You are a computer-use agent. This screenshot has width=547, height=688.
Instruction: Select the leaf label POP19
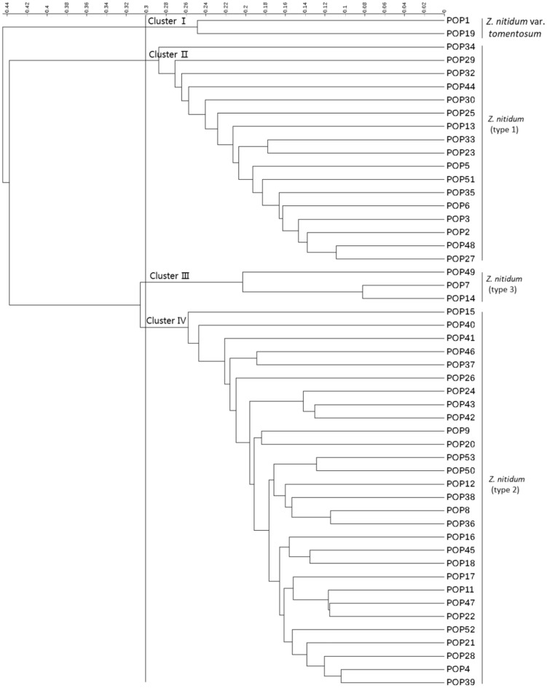click(461, 33)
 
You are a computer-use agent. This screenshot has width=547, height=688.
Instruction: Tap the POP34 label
click(461, 47)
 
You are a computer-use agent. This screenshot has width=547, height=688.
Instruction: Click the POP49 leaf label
click(461, 272)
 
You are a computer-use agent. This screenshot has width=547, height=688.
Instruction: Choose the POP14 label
click(461, 298)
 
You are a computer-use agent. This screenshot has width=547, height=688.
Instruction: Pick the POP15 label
click(461, 312)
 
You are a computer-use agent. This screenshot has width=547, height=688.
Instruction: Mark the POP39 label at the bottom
click(461, 681)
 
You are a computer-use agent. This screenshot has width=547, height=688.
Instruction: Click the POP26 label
click(461, 377)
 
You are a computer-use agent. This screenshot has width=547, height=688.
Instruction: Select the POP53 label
click(461, 456)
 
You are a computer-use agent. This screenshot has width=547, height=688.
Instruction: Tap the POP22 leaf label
click(461, 615)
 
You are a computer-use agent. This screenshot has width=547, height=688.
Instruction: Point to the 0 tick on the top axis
click(444, 10)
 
